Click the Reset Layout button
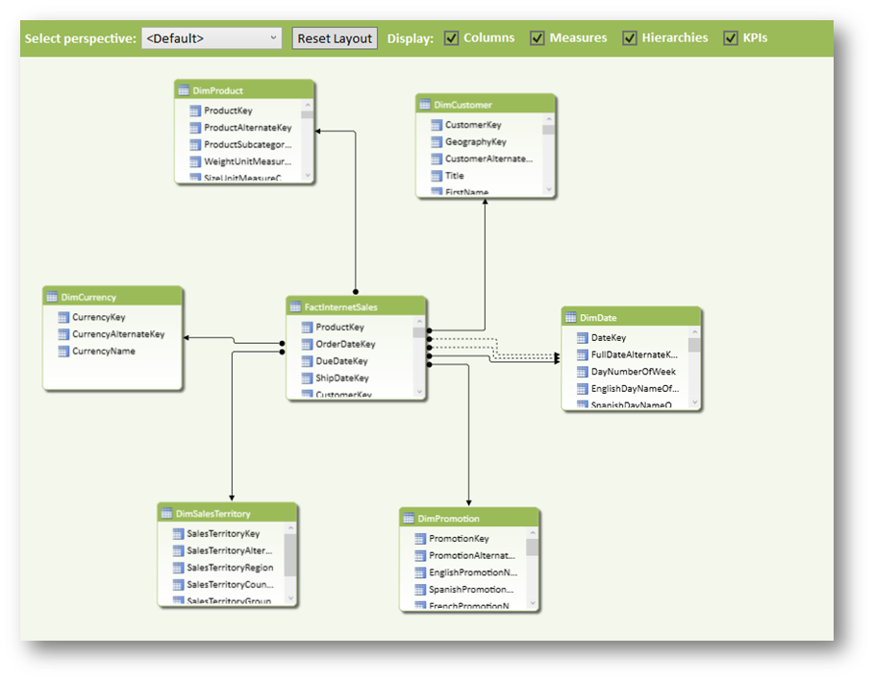click(x=335, y=38)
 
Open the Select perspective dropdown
click(x=212, y=38)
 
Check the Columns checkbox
click(x=451, y=38)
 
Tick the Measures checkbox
click(x=537, y=38)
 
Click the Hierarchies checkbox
click(x=630, y=38)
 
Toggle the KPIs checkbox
click(x=731, y=38)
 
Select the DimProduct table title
click(x=217, y=90)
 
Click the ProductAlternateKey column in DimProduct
click(x=247, y=128)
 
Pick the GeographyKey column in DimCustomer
click(x=475, y=142)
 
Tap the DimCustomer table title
click(x=462, y=105)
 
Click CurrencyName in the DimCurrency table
click(x=103, y=352)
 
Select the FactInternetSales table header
click(x=340, y=307)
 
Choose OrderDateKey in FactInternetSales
click(x=345, y=344)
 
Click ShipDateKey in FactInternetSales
click(x=342, y=378)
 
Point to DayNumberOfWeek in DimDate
click(x=633, y=372)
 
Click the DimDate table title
click(x=598, y=318)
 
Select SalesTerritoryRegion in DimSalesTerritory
click(x=230, y=568)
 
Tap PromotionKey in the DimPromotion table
click(x=459, y=539)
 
